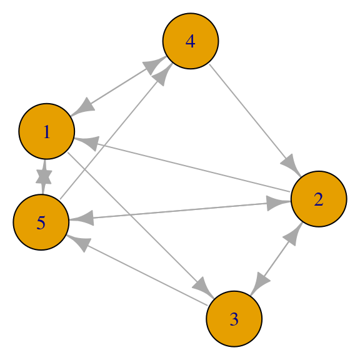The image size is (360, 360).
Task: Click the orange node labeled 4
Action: click(191, 41)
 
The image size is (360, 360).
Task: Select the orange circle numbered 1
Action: click(47, 131)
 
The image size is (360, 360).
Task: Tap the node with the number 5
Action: click(41, 222)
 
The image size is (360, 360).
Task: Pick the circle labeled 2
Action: click(319, 199)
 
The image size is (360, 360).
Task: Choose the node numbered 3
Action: click(234, 319)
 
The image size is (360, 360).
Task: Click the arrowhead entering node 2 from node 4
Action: click(291, 164)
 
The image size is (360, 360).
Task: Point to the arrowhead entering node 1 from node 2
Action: click(88, 142)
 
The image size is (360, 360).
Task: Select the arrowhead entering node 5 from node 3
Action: click(79, 242)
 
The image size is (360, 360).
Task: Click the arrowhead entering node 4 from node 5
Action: click(164, 74)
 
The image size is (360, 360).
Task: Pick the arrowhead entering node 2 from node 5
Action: click(277, 203)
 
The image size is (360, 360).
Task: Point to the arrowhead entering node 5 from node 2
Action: click(82, 218)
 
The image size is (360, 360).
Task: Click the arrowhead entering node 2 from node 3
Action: click(292, 234)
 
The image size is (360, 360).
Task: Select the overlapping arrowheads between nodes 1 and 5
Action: click(44, 177)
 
